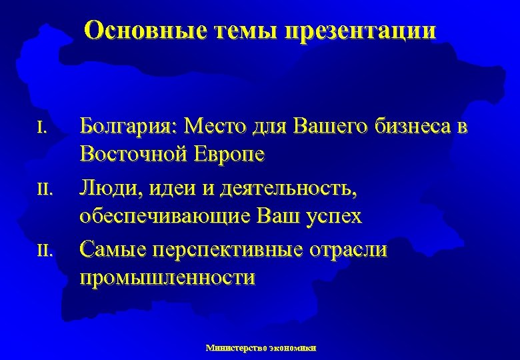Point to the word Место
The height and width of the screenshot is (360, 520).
point(217,125)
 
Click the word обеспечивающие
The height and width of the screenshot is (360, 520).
point(165,217)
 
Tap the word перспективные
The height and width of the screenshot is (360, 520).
point(230,249)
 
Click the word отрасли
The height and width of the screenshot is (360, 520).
point(351,249)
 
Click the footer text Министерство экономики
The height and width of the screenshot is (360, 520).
point(261,347)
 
